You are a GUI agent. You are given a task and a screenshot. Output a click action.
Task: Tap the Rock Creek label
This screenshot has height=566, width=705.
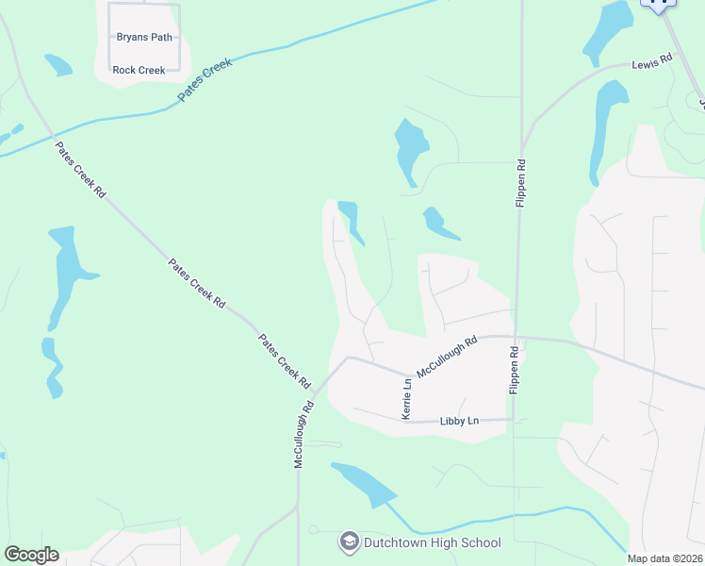[139, 70]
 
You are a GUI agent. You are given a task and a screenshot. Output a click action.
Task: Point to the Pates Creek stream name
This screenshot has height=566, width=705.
[205, 82]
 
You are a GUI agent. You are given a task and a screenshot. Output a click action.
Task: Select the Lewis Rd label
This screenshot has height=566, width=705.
[651, 60]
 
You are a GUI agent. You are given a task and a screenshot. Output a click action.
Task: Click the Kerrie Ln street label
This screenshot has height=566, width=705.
[407, 399]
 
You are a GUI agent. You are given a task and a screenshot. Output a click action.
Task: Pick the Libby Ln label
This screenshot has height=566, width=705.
[460, 421]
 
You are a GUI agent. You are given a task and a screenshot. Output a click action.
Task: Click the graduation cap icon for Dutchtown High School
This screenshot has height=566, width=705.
[350, 542]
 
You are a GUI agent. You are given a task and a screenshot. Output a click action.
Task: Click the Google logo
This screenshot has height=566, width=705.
[31, 555]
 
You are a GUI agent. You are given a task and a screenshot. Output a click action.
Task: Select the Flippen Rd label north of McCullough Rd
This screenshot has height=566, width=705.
[520, 184]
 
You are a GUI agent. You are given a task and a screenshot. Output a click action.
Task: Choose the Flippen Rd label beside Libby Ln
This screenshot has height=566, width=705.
[515, 371]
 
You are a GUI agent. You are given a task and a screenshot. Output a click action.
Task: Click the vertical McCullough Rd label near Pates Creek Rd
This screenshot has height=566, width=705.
[303, 436]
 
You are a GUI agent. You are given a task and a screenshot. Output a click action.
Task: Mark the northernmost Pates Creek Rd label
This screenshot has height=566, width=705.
[80, 170]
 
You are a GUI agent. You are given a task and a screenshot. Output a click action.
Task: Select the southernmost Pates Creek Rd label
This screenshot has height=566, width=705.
[285, 361]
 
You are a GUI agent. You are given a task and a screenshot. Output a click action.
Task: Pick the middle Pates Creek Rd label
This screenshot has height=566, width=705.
[197, 283]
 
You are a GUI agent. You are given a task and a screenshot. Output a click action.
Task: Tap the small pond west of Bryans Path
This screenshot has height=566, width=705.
[57, 64]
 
